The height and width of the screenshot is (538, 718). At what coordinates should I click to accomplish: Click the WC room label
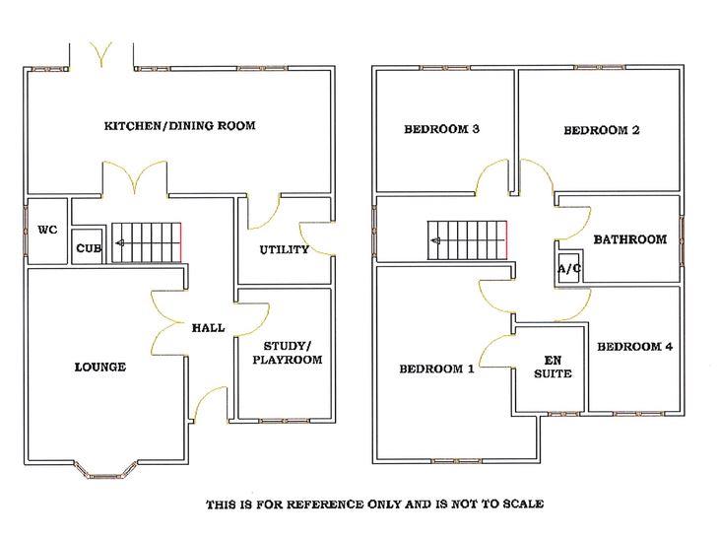tap(47, 230)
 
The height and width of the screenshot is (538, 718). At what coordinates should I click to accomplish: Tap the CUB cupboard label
tap(89, 248)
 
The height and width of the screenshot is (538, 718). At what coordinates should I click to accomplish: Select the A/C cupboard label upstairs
tap(569, 269)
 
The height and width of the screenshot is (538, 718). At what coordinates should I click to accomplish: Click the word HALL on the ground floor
tap(208, 328)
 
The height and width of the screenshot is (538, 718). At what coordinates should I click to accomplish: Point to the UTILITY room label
tap(285, 249)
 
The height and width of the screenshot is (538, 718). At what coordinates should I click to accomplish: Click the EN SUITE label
tap(553, 368)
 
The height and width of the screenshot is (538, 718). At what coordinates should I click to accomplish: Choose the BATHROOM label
tap(630, 239)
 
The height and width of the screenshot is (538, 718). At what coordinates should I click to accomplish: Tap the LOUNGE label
tap(100, 368)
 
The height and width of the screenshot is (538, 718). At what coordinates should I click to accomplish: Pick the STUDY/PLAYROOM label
tap(288, 353)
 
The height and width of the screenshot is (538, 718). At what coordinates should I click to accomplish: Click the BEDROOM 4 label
tap(634, 347)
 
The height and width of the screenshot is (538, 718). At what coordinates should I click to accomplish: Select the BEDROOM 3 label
tap(441, 129)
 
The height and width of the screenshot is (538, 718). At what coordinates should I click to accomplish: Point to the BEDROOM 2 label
tap(601, 130)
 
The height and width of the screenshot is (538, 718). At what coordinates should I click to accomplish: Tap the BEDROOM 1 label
tap(436, 369)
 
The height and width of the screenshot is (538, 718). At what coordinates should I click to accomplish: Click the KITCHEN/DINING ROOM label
tap(179, 125)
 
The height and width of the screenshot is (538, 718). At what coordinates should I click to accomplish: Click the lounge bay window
tap(105, 473)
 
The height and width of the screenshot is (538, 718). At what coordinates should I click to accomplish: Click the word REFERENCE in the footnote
tap(325, 505)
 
